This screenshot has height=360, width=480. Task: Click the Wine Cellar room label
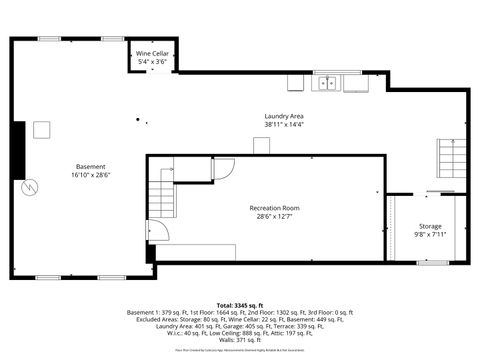(151, 53)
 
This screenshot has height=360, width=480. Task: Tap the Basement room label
(90, 166)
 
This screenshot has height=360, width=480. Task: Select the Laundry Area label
(283, 116)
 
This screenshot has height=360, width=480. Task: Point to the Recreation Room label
(274, 208)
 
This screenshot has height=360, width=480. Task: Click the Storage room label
(430, 226)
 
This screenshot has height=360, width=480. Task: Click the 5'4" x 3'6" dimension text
(151, 62)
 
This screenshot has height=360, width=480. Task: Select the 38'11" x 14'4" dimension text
(283, 125)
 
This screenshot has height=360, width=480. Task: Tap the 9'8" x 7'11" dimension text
(430, 235)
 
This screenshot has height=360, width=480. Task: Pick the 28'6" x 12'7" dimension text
(274, 217)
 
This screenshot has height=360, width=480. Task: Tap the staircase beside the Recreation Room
(160, 195)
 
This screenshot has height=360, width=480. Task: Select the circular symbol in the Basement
(30, 186)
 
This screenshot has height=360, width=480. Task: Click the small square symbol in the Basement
(41, 128)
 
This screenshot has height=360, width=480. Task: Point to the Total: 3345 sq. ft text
(240, 304)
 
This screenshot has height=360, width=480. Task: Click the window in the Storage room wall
(432, 262)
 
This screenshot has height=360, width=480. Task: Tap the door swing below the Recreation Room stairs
(159, 231)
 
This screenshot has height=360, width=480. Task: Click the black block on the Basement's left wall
(18, 150)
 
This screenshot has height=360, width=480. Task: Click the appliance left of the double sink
(295, 83)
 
